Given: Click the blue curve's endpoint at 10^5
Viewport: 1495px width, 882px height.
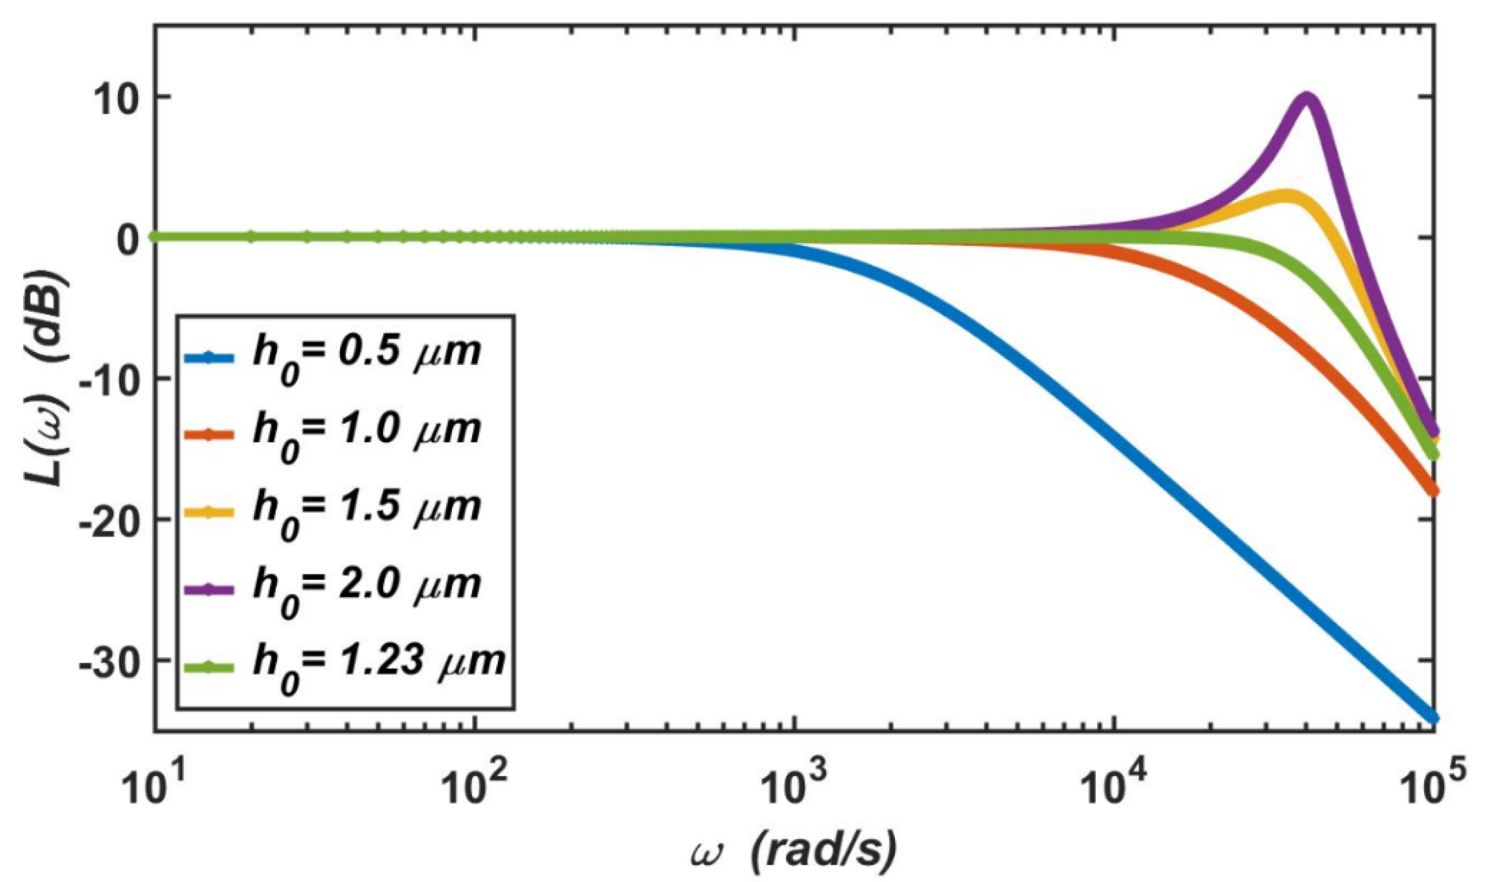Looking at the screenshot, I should (1432, 719).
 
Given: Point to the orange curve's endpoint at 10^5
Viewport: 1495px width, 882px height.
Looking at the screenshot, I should (1432, 491).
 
